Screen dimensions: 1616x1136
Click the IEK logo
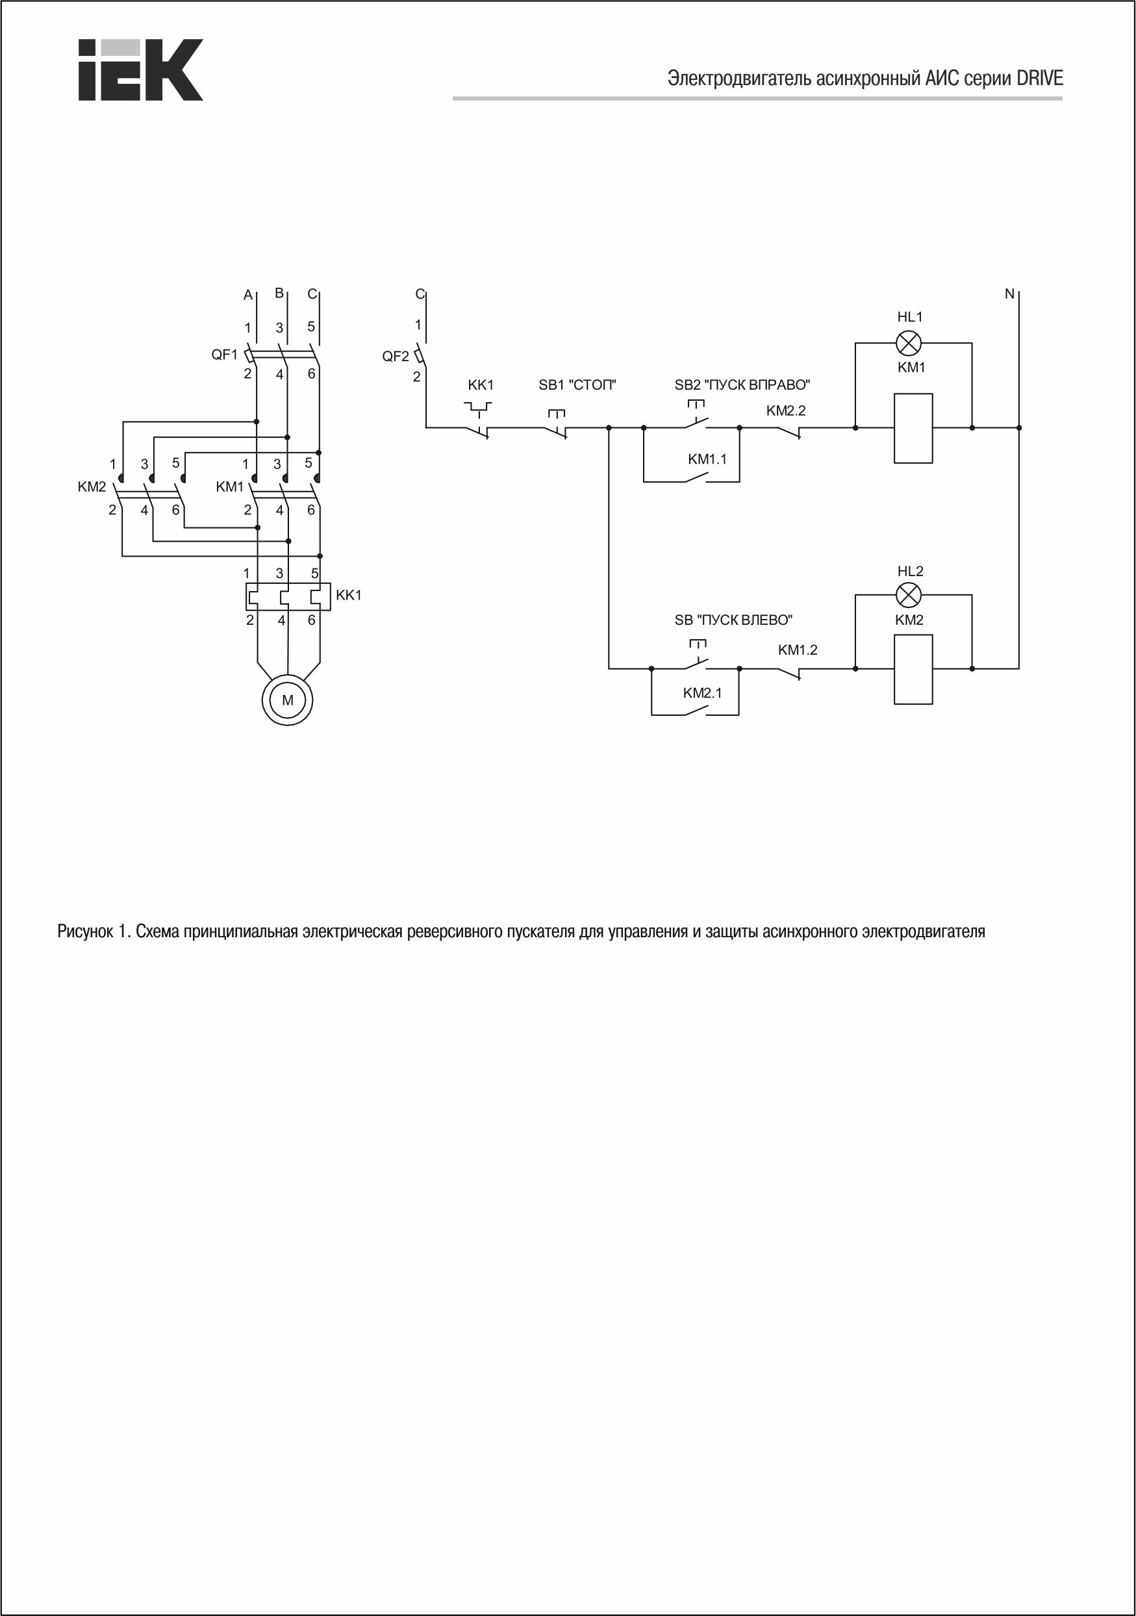click(x=140, y=69)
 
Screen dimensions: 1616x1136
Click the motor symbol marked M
click(x=287, y=700)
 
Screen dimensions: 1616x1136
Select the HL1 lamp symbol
click(x=909, y=344)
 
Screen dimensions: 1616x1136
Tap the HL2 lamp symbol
click(x=909, y=596)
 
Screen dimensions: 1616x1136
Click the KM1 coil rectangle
click(x=913, y=428)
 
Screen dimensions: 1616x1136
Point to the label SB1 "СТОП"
click(x=577, y=385)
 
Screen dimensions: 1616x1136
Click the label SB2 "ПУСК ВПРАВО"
click(x=742, y=385)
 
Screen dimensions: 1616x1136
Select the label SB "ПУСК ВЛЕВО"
click(x=733, y=620)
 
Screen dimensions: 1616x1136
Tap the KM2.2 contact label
click(x=785, y=410)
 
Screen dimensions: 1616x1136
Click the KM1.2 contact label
click(x=798, y=650)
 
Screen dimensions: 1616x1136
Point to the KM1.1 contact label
click(x=707, y=459)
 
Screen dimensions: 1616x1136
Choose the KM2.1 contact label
click(x=702, y=692)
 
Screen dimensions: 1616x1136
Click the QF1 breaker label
click(x=225, y=355)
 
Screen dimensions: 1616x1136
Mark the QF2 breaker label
click(x=396, y=356)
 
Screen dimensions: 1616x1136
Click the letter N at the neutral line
click(x=1009, y=294)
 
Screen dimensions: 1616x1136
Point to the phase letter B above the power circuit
click(x=279, y=293)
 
